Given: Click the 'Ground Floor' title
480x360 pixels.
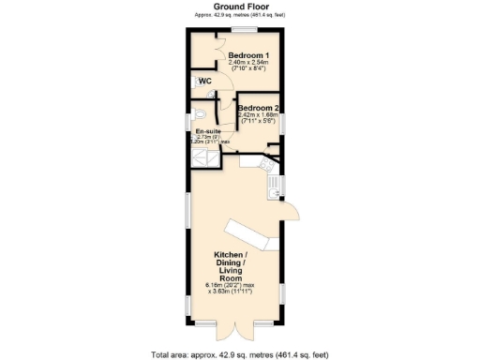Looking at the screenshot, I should pyautogui.click(x=240, y=7).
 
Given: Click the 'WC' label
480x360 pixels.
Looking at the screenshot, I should pyautogui.click(x=203, y=82).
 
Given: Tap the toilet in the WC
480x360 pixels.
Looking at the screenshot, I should pyautogui.click(x=212, y=95).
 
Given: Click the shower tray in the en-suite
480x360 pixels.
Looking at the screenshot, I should pyautogui.click(x=205, y=160).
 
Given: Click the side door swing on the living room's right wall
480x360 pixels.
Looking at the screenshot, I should pyautogui.click(x=292, y=213).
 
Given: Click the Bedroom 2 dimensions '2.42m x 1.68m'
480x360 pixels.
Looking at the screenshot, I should pyautogui.click(x=259, y=114).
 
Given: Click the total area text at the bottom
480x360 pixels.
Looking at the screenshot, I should pyautogui.click(x=240, y=354).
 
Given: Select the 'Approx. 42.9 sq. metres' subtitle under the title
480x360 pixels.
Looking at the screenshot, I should pyautogui.click(x=240, y=15).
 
